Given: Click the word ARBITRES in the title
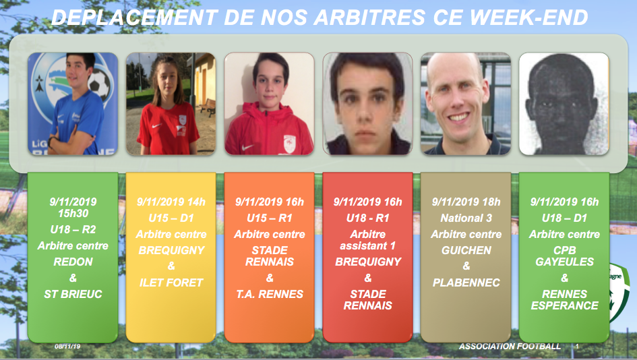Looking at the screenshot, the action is click(369, 18).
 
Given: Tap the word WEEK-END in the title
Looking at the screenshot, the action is click(529, 18).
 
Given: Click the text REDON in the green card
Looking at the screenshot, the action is click(73, 262).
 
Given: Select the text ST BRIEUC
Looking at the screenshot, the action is click(73, 294).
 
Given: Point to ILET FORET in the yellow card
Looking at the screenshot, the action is click(171, 282).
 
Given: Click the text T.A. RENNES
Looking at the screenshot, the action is click(270, 294).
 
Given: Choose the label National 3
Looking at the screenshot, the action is click(466, 218).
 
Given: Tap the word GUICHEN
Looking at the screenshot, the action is click(466, 250).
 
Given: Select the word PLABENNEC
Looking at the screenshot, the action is click(466, 282).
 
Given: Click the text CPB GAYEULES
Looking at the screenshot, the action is click(565, 256).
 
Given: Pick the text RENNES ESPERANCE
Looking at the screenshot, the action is click(565, 300).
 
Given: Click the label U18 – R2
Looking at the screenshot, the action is click(73, 230).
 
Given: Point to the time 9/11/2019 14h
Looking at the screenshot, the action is click(171, 202).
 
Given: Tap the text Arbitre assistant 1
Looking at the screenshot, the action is click(368, 240).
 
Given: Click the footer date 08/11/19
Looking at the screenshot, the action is click(67, 347).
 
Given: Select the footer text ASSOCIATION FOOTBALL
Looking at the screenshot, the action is click(510, 347).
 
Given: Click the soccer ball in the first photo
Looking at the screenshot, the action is click(99, 84).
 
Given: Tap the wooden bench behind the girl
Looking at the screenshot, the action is click(208, 107).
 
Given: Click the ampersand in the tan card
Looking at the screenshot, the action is click(466, 266).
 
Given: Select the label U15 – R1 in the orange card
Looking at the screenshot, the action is click(270, 218).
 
